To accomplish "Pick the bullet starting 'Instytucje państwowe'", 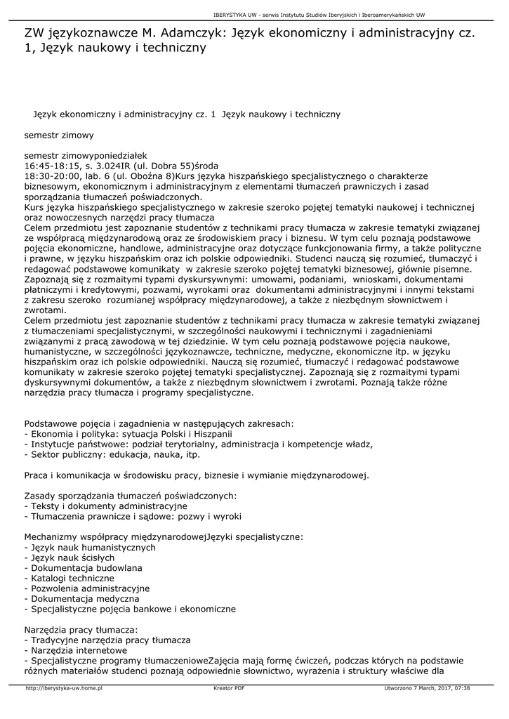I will coord(198,444).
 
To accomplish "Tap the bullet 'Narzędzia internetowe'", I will coord(77,650).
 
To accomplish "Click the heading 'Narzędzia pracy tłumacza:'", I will coord(81,630).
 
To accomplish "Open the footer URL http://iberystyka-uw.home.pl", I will coord(64,688).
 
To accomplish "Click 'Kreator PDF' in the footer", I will coord(229,688).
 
